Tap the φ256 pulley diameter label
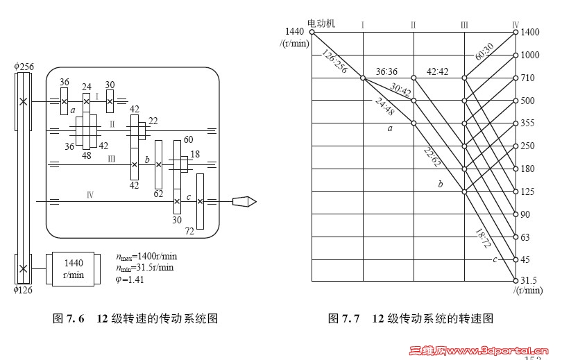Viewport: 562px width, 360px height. click(x=24, y=67)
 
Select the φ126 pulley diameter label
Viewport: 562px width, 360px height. click(x=24, y=291)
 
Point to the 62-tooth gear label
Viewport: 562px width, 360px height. click(x=158, y=194)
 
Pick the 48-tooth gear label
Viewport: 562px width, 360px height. click(x=87, y=156)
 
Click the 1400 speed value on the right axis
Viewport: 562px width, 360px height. click(x=530, y=32)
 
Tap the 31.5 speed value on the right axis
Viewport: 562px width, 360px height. click(x=529, y=280)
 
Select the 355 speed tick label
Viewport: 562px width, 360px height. click(x=529, y=123)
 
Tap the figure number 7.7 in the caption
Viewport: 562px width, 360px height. click(x=350, y=319)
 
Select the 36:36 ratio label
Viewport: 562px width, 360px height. click(x=387, y=71)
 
